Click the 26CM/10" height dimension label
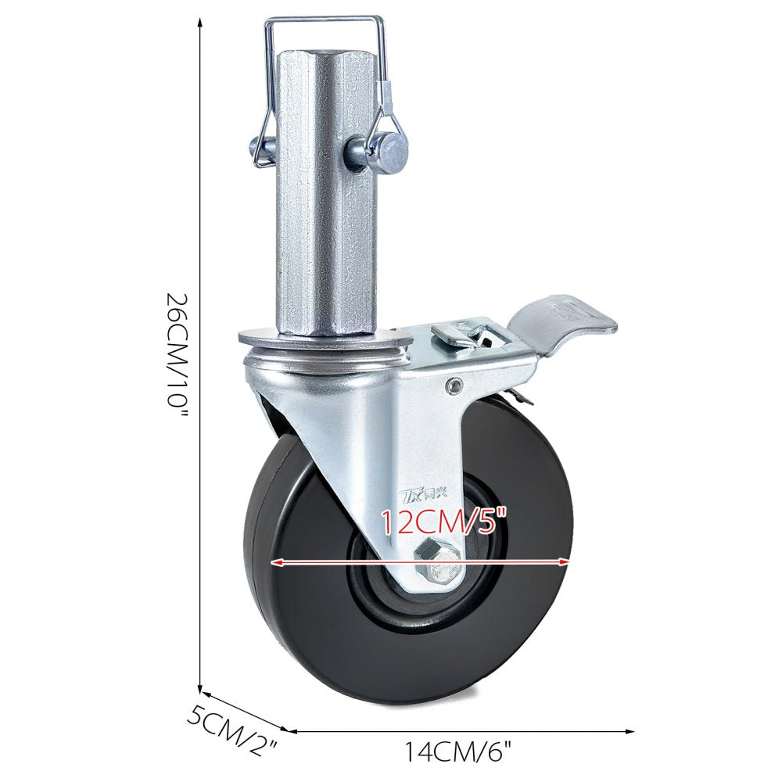[178, 356]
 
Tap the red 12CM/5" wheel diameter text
[444, 520]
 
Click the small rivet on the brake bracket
[453, 383]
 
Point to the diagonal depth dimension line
[246, 710]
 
